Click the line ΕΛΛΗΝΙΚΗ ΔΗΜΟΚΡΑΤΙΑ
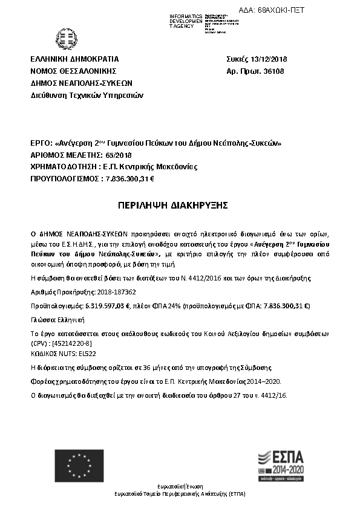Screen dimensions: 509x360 click(x=75, y=59)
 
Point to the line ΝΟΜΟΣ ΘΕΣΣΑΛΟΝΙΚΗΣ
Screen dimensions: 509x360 click(x=73, y=71)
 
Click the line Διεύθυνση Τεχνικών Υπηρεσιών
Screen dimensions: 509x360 click(x=87, y=95)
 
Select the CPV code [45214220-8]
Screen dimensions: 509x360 click(x=73, y=343)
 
